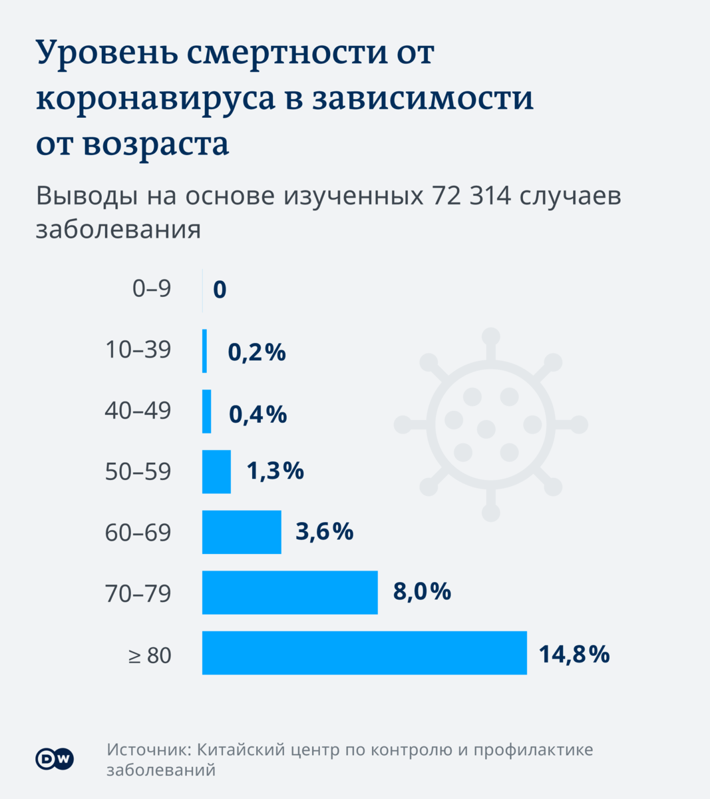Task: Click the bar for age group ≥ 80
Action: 364,653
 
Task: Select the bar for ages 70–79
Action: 289,592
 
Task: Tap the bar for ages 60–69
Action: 242,531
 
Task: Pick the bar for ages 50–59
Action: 216,471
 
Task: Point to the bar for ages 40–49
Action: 207,411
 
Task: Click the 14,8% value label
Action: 574,654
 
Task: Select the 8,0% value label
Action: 422,591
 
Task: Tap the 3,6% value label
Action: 324,531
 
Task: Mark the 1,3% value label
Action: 275,471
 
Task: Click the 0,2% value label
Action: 257,352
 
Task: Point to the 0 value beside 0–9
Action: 220,290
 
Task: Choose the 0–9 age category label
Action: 152,289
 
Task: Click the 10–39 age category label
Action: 138,350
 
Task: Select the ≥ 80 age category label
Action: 150,655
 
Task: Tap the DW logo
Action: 55,759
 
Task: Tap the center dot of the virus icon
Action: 486,428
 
